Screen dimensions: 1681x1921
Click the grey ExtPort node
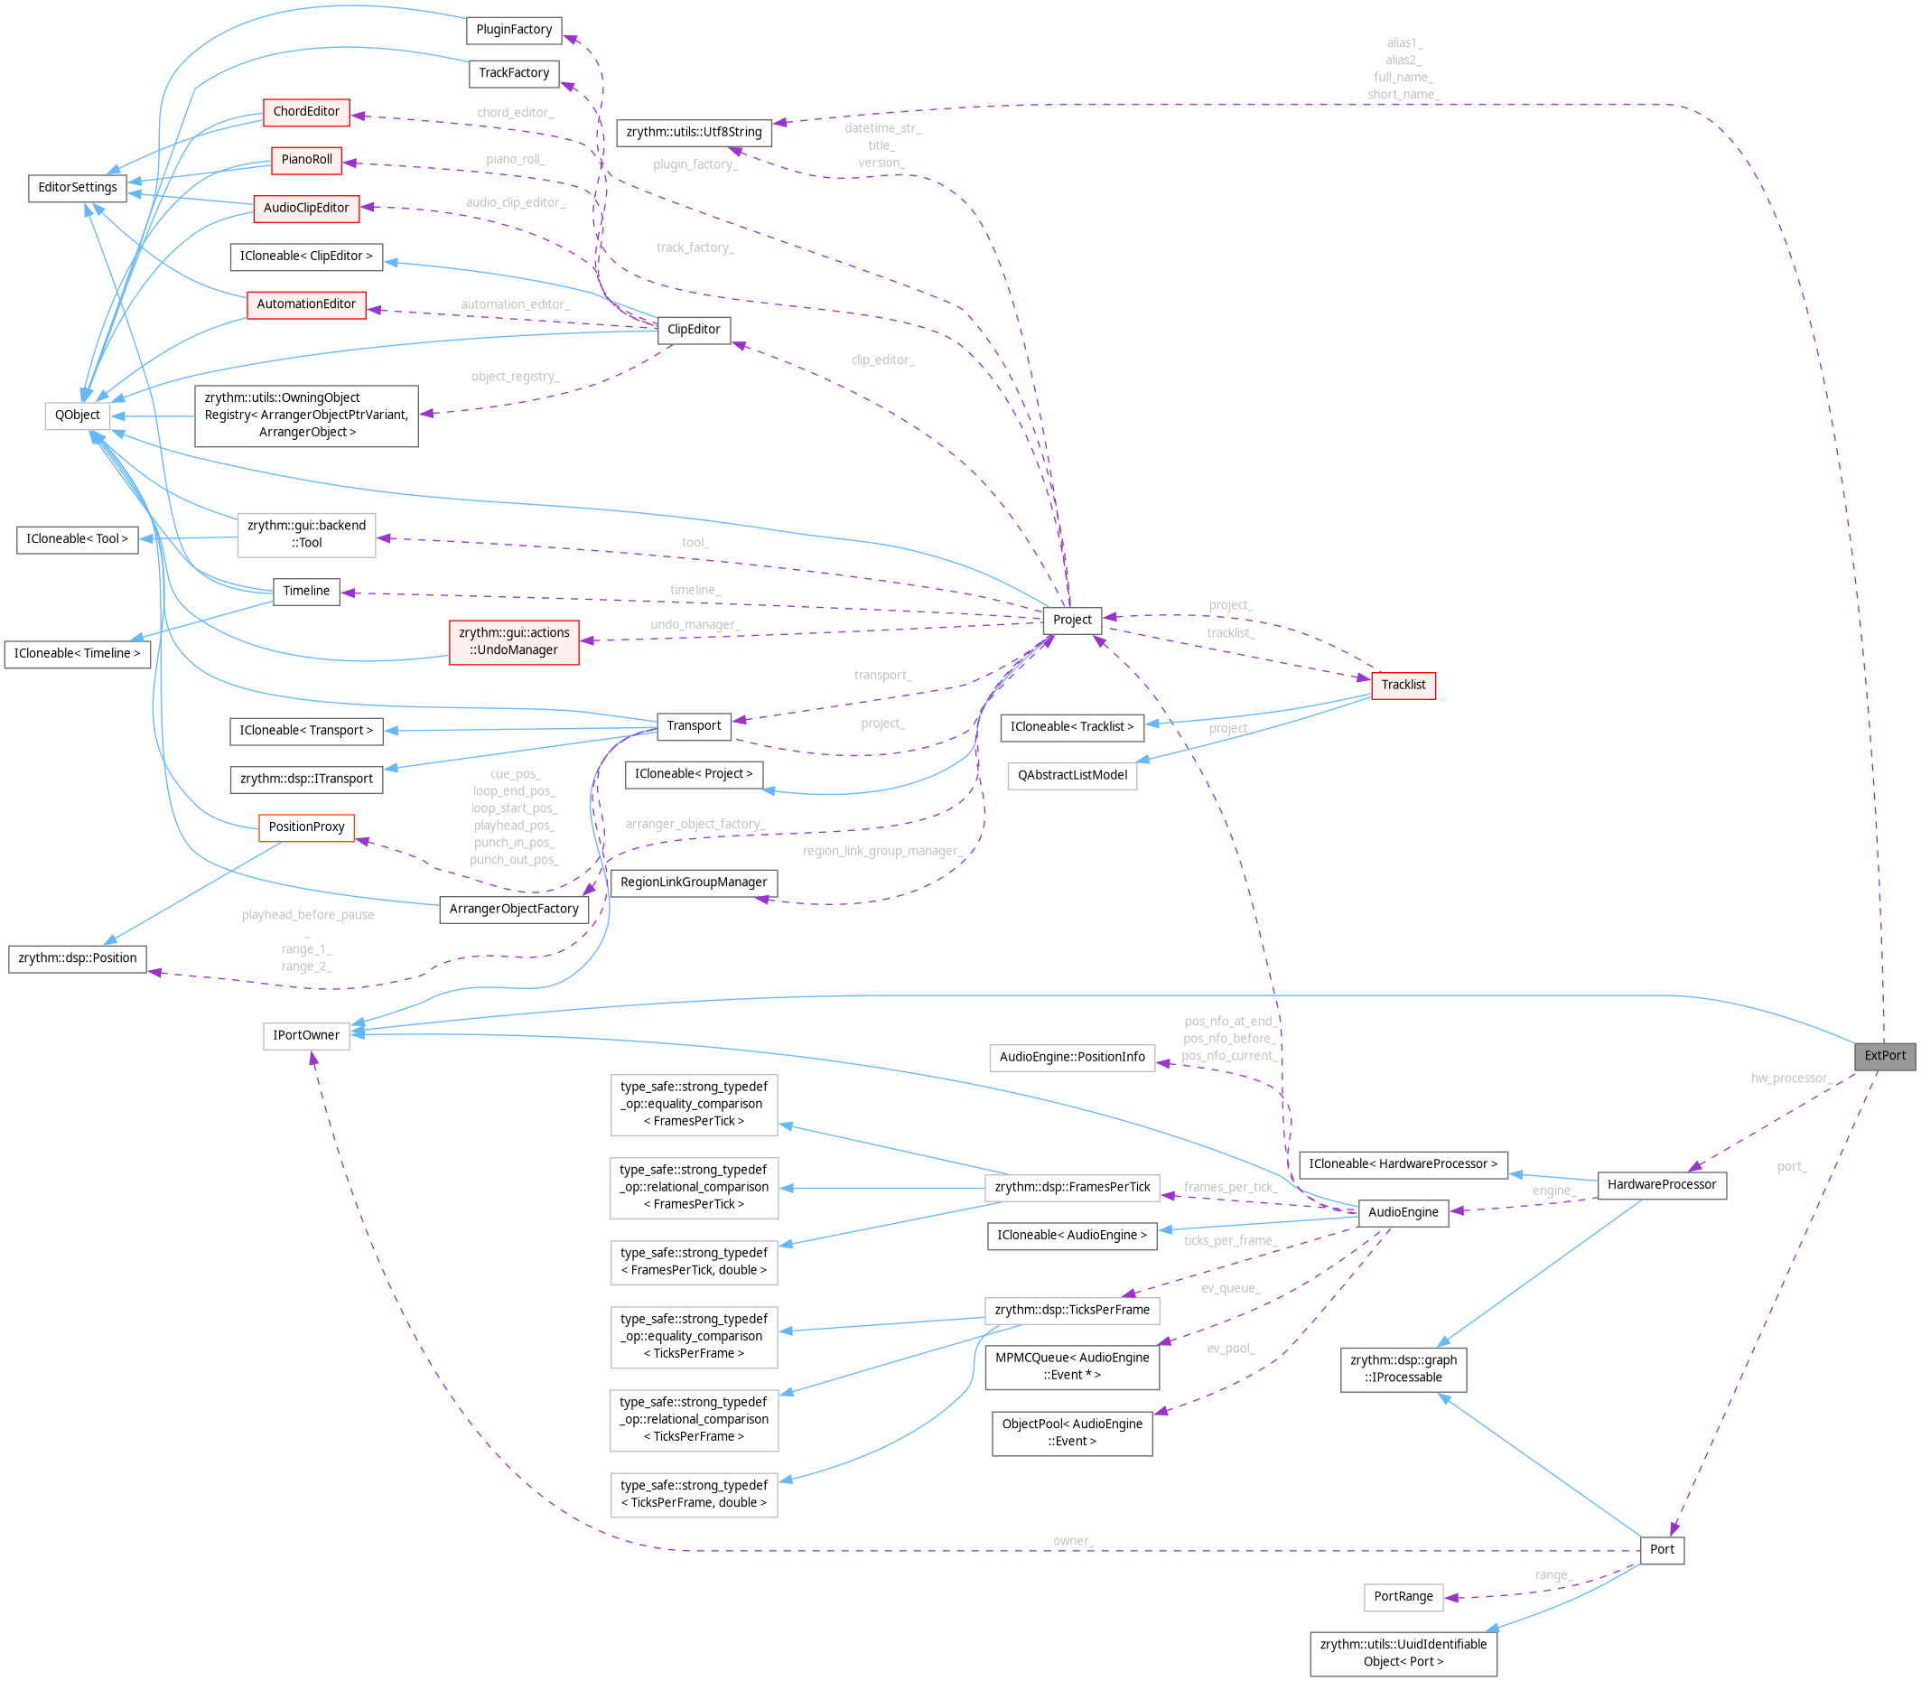(x=1883, y=1055)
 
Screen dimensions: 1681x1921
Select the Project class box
(x=1071, y=620)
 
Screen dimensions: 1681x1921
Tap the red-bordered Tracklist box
(x=1403, y=685)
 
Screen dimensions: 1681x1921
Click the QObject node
(x=77, y=415)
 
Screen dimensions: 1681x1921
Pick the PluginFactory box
(x=513, y=30)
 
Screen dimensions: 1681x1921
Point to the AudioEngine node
(x=1403, y=1212)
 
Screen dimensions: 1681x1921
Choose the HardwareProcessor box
(x=1660, y=1185)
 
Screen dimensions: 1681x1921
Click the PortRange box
(x=1403, y=1597)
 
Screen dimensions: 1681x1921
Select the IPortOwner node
(x=306, y=1036)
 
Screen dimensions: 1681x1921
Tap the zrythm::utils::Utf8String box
(x=694, y=132)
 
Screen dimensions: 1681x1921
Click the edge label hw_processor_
(x=1791, y=1079)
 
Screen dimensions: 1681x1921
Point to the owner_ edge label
(x=1073, y=1541)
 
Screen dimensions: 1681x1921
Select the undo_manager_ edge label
(x=695, y=625)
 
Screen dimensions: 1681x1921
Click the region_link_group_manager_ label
(x=881, y=851)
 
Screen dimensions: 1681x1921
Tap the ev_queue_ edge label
(x=1230, y=1288)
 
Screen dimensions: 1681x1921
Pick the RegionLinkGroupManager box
(x=694, y=883)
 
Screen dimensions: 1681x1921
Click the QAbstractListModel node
(x=1071, y=776)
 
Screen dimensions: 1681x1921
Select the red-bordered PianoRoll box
(x=306, y=160)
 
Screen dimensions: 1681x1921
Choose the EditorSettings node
(x=77, y=188)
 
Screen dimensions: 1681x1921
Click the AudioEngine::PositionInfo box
(x=1071, y=1057)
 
